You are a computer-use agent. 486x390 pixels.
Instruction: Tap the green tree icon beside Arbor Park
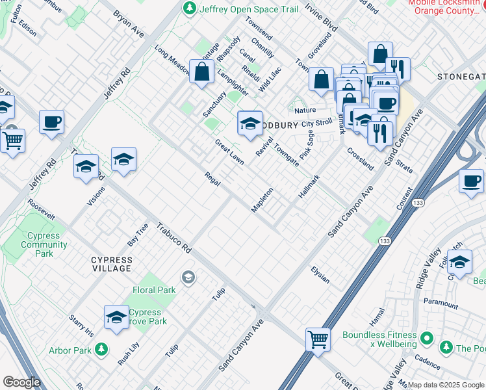pyautogui.click(x=101, y=350)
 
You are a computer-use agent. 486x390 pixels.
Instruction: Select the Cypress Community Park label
pyautogui.click(x=44, y=244)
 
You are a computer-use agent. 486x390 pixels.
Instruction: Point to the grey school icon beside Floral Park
pyautogui.click(x=188, y=278)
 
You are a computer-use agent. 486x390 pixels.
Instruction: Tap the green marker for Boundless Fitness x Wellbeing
pyautogui.click(x=427, y=338)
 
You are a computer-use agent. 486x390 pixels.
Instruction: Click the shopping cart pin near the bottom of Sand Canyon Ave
pyautogui.click(x=318, y=339)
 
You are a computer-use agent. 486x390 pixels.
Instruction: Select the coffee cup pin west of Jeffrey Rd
pyautogui.click(x=51, y=122)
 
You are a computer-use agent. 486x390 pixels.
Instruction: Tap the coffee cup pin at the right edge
pyautogui.click(x=471, y=181)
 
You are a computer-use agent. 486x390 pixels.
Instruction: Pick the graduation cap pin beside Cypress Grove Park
pyautogui.click(x=116, y=318)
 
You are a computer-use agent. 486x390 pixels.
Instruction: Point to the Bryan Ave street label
pyautogui.click(x=129, y=22)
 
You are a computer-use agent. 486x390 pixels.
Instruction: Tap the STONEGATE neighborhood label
pyautogui.click(x=461, y=77)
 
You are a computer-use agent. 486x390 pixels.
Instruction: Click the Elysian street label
pyautogui.click(x=320, y=275)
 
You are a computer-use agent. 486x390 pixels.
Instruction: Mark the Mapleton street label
pyautogui.click(x=262, y=200)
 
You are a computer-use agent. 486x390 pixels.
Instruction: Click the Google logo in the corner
pyautogui.click(x=21, y=382)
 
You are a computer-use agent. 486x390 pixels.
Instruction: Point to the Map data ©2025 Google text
pyautogui.click(x=446, y=385)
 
